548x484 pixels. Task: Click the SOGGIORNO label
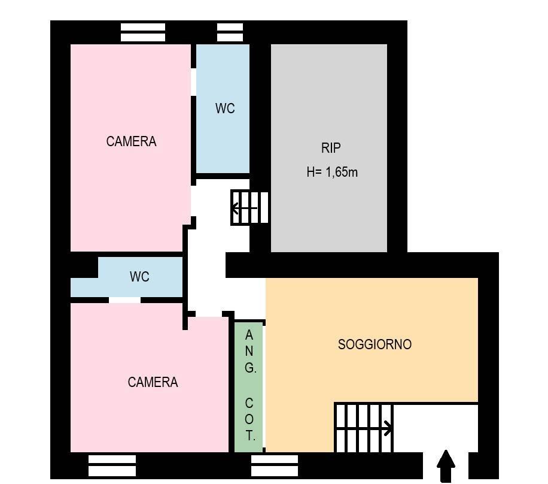375,344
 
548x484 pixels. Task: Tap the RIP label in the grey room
331,148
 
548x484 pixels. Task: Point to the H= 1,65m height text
332,172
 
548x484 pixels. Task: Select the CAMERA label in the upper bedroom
131,141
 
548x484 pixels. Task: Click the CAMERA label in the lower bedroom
153,382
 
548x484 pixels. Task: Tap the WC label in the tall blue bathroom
225,108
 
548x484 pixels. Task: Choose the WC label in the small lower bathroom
139,277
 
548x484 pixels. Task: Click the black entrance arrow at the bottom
446,466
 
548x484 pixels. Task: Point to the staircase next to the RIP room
249,207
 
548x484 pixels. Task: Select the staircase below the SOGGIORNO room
364,428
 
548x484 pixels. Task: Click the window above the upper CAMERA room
143,32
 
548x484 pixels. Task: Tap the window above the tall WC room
230,32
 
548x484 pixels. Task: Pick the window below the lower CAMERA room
112,465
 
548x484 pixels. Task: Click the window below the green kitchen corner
275,465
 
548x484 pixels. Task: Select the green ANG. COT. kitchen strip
248,387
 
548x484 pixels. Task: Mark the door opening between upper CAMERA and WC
193,82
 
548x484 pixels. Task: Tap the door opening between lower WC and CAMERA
125,300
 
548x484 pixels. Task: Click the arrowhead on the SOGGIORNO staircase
388,428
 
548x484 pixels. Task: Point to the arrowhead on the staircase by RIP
236,208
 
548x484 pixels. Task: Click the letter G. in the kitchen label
250,367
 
